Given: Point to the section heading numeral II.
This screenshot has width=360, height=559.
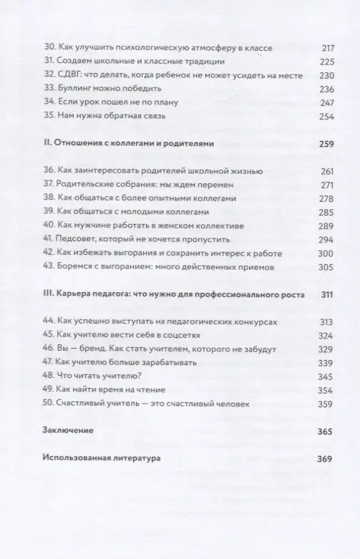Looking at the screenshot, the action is [47, 144].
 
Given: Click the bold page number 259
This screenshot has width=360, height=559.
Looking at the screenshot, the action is [326, 144].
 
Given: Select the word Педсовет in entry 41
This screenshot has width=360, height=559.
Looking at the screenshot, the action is [77, 239].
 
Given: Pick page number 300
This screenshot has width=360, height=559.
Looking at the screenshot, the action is [326, 253].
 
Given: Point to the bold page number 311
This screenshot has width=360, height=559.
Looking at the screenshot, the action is [326, 294].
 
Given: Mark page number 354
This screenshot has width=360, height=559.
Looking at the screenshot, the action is [326, 389].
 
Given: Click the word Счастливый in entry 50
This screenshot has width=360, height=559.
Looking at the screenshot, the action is [84, 404].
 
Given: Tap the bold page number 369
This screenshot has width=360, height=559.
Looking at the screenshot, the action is [326, 459].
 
